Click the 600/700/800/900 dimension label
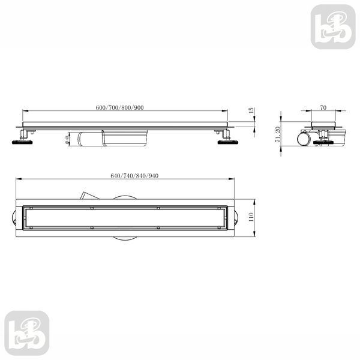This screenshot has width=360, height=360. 119,107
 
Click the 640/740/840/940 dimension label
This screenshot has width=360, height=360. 134,176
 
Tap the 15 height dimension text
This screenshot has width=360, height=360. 251,110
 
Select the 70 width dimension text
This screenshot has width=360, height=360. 323,107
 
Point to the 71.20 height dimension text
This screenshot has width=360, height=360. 278,134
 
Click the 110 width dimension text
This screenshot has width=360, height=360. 251,217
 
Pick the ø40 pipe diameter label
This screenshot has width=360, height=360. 67,140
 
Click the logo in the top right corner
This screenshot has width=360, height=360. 333,27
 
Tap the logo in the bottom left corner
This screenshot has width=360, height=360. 27,333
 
